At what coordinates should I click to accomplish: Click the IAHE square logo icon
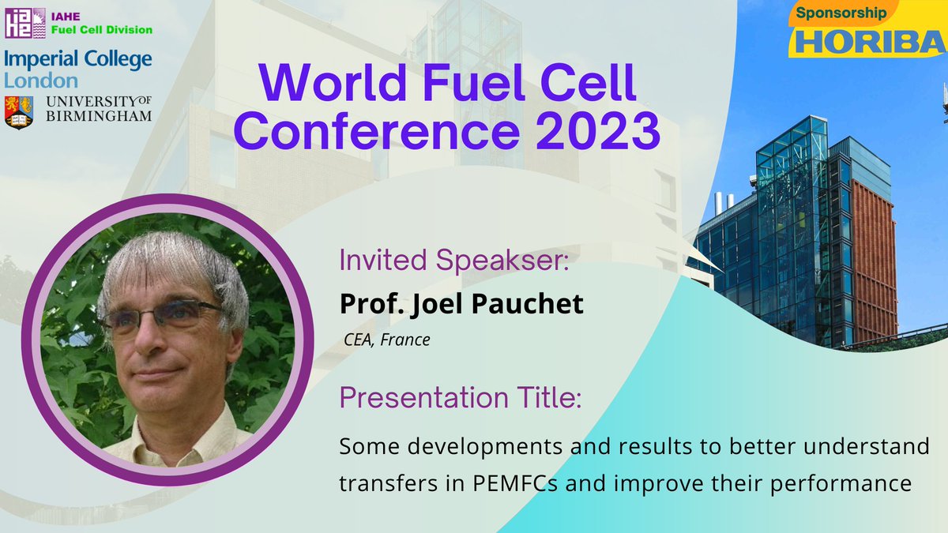tap(21, 23)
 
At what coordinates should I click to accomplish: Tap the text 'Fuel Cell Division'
tap(100, 30)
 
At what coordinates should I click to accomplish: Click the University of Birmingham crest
tap(19, 111)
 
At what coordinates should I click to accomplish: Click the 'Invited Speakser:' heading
tap(453, 261)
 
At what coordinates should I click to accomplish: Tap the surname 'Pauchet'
tap(531, 304)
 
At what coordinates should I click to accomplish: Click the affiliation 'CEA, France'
tap(386, 341)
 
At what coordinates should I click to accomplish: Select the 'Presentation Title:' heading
tap(461, 398)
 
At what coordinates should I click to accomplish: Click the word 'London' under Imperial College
tap(41, 81)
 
